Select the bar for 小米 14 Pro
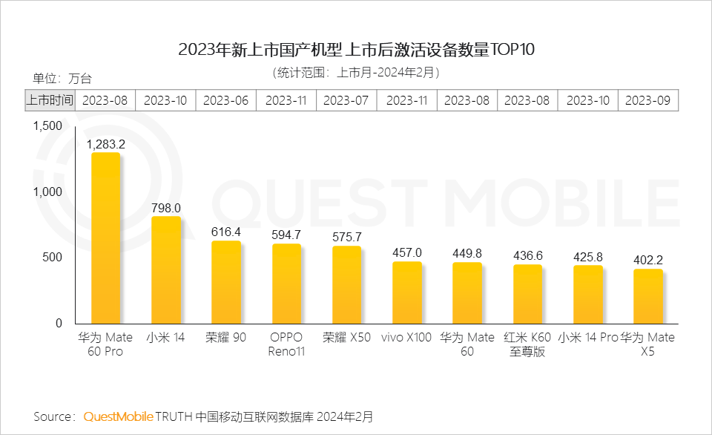(x=587, y=295)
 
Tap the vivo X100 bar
(x=407, y=292)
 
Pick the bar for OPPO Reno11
(x=286, y=284)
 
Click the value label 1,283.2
(x=105, y=144)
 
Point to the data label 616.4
(x=226, y=232)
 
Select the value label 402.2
(x=648, y=261)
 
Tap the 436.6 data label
(x=527, y=255)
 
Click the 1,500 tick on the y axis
(x=48, y=126)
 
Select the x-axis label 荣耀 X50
(x=346, y=337)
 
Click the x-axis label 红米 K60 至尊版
(x=527, y=344)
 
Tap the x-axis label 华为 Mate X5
(x=647, y=344)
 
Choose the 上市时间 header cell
(x=50, y=100)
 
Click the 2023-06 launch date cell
(x=226, y=100)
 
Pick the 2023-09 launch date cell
(x=648, y=100)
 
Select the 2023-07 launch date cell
(x=346, y=100)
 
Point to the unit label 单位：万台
(x=62, y=79)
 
